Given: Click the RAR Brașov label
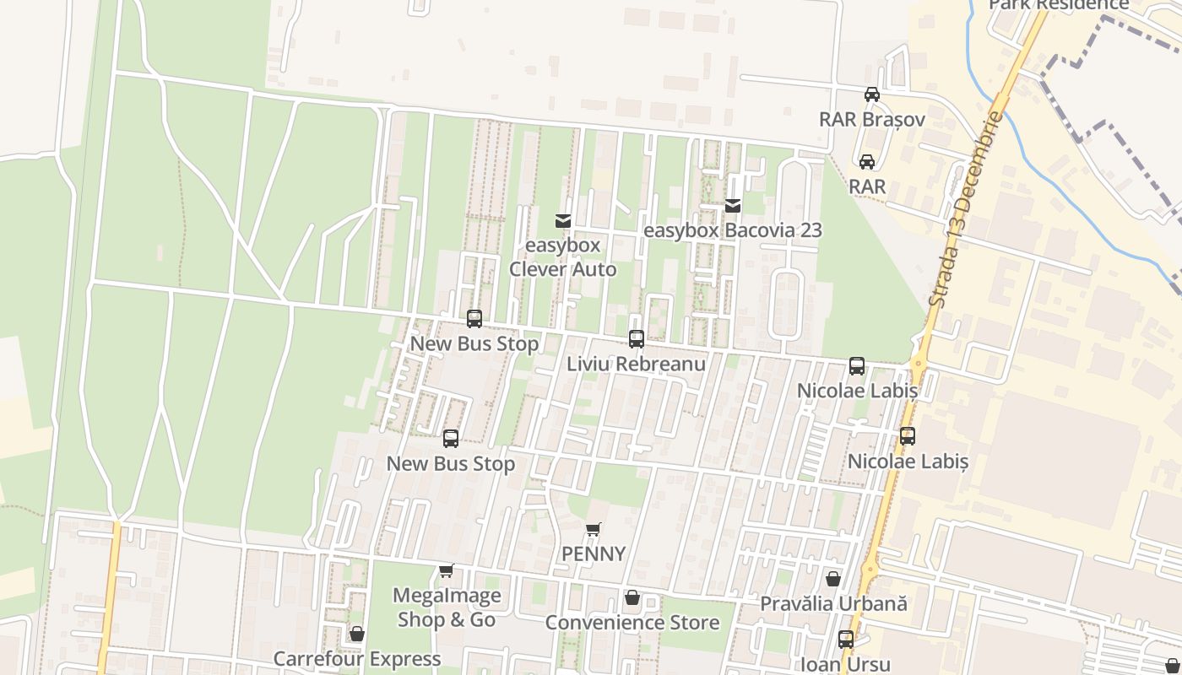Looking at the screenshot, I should (x=872, y=120).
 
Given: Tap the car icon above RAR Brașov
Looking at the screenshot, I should (x=872, y=94).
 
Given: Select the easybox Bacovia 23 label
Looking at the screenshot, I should (x=732, y=230).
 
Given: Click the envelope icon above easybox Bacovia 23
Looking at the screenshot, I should (x=733, y=205).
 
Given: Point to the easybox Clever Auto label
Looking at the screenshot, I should (x=562, y=257).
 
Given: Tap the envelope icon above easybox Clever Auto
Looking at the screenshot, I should (x=563, y=221).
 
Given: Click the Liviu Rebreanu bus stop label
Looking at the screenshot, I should (x=636, y=364).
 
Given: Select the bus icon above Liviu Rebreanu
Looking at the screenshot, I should (x=637, y=339).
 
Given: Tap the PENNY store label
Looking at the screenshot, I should (x=594, y=554).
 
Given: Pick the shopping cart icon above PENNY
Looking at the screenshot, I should (x=594, y=530).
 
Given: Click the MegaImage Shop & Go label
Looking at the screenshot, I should (x=447, y=607).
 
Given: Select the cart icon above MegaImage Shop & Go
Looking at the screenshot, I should (x=447, y=571).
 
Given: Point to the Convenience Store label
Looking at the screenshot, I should (x=632, y=623).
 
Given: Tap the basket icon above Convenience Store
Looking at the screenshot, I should (x=632, y=598).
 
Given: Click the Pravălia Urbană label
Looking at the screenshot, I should (x=833, y=604).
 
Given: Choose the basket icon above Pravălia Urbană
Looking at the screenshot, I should (x=833, y=579).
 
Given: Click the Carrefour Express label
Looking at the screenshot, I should (x=356, y=658).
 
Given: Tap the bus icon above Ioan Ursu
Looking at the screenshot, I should (x=846, y=640).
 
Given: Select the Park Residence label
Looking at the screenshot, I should (x=1059, y=5).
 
